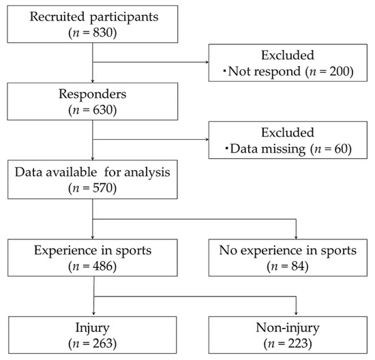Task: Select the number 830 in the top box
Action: point(102,31)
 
